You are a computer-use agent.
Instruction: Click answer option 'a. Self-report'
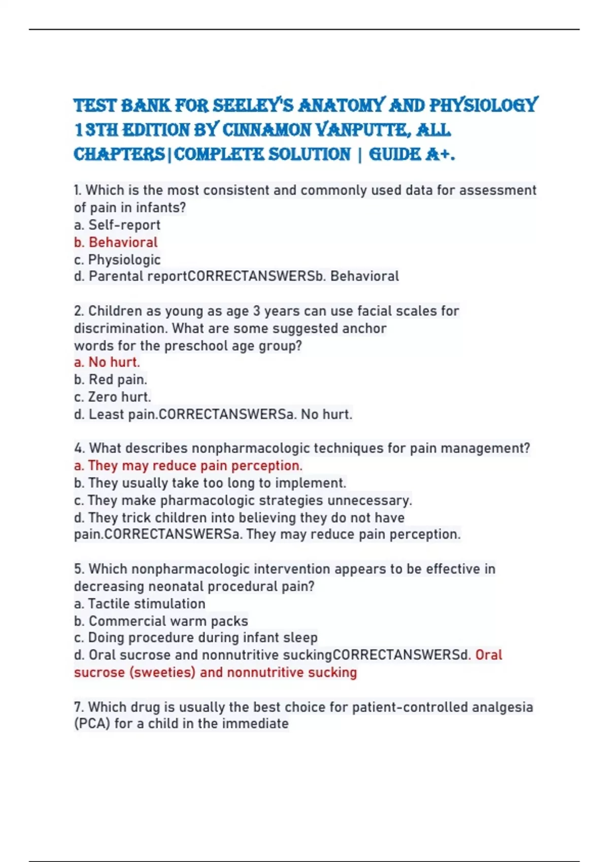(117, 225)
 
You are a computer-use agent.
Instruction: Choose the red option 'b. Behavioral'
(116, 242)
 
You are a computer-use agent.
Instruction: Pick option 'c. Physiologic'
(117, 260)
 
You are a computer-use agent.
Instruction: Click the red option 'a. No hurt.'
(107, 362)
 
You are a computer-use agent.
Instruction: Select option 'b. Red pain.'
(110, 379)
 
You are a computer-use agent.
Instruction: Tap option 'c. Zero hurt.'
(112, 397)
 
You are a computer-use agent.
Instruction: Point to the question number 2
(78, 311)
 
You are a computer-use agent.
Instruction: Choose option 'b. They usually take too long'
(210, 483)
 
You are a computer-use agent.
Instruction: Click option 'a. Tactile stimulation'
(140, 603)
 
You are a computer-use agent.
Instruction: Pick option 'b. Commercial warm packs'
(161, 621)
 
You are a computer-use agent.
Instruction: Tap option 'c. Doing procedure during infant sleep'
(195, 637)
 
